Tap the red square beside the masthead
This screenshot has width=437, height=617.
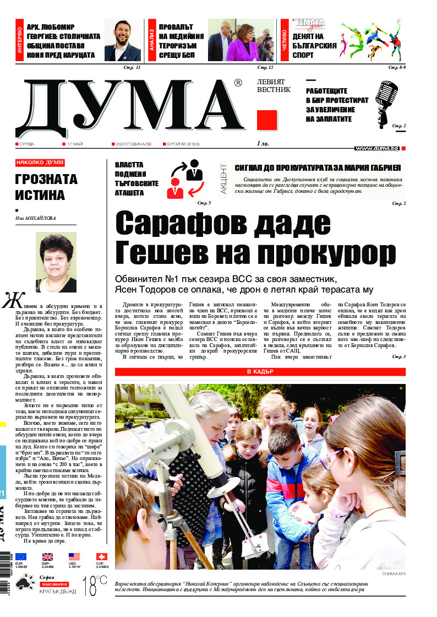[x=267, y=120]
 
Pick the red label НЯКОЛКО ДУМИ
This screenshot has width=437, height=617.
[x=40, y=163]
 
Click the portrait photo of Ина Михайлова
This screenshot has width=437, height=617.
[x=56, y=262]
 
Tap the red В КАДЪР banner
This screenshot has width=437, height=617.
[x=260, y=372]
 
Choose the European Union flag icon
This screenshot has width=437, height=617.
[x=21, y=557]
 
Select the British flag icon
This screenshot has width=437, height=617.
[x=48, y=557]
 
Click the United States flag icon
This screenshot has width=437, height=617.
[x=74, y=557]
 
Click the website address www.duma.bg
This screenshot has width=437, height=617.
[x=377, y=148]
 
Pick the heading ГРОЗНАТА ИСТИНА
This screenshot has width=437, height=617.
[x=47, y=187]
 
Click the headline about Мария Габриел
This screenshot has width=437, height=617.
[x=318, y=168]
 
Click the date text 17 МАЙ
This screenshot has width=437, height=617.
[x=75, y=144]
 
